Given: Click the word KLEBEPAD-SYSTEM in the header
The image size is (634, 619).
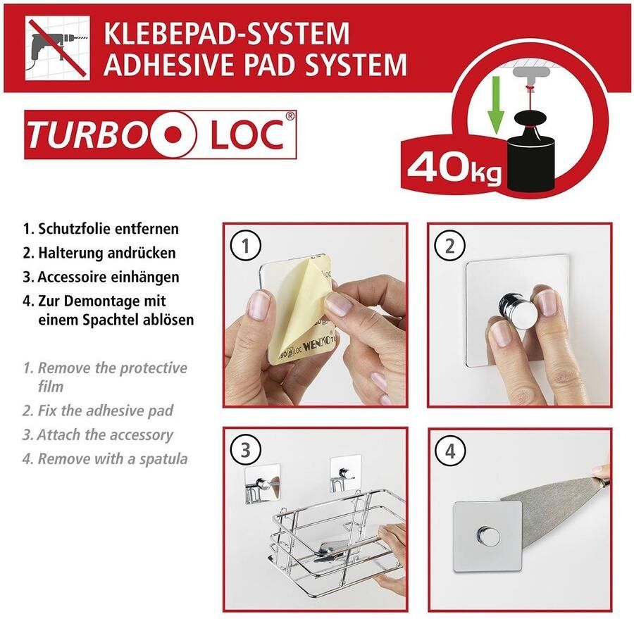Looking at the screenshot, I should (226, 33).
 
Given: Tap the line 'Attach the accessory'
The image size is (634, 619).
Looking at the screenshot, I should (105, 434).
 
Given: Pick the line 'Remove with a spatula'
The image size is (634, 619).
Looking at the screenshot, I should (113, 459).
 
